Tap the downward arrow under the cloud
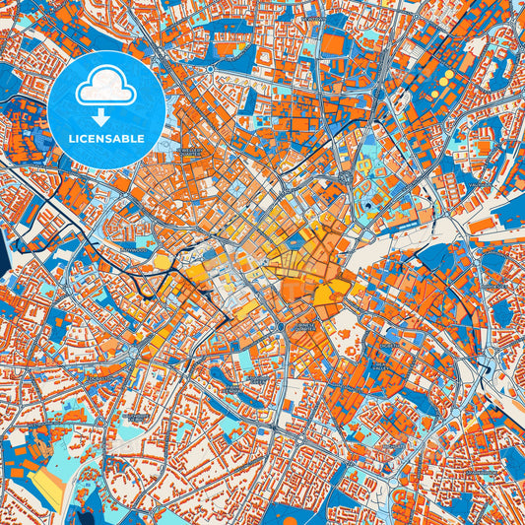[x=107, y=112]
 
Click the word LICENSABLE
[x=108, y=138]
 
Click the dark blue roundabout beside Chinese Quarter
[x=282, y=326]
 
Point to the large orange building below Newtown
[x=335, y=44]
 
